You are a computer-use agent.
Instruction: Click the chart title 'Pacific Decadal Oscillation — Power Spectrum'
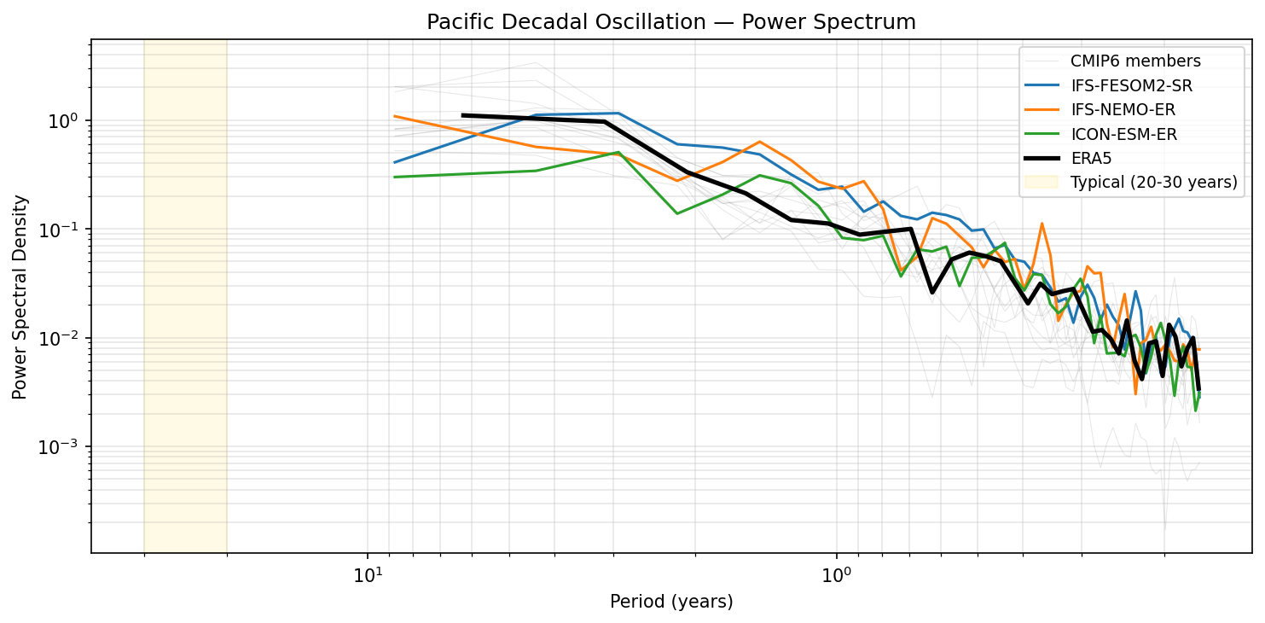(x=671, y=22)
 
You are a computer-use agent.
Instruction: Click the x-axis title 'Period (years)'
(x=671, y=602)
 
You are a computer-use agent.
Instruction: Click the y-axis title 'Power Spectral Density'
(x=20, y=297)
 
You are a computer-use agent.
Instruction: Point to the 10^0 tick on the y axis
(x=67, y=121)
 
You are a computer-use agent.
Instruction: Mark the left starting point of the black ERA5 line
(x=462, y=115)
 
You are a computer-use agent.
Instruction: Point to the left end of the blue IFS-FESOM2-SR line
(x=394, y=162)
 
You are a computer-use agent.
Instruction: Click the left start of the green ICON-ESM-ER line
(x=394, y=177)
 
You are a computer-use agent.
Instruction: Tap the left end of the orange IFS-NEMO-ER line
(x=394, y=116)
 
